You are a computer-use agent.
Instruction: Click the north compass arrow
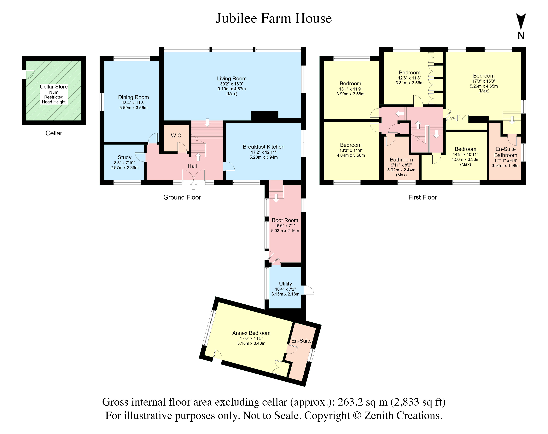coord(521,22)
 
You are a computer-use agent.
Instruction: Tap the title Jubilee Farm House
coord(274,18)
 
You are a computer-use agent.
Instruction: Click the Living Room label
coord(231,79)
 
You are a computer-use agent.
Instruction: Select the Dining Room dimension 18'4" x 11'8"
coord(133,103)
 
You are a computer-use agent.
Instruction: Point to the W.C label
coord(176,135)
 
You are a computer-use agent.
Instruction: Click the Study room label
coord(125,157)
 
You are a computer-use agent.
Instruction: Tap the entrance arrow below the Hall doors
coord(194,185)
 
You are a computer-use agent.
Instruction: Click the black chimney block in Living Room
coord(264,116)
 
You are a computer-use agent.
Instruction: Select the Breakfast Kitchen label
coord(263,147)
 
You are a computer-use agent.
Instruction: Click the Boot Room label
coord(285,220)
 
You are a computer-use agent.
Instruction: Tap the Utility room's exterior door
coord(308,290)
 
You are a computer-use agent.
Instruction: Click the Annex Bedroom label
coord(251,333)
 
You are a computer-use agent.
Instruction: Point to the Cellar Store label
coord(54,87)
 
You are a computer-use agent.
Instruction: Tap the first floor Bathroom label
coord(401,160)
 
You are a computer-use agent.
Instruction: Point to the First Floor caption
coord(422,197)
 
